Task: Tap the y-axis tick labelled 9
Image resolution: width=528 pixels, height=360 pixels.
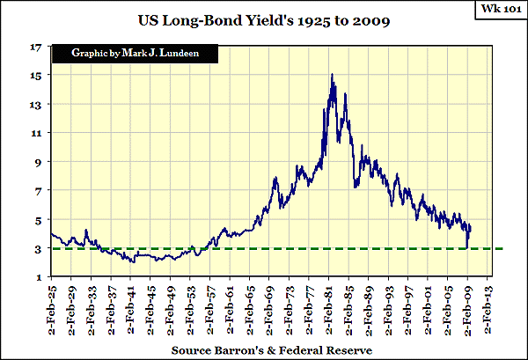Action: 40,162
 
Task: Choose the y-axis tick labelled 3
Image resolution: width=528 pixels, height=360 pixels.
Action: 40,249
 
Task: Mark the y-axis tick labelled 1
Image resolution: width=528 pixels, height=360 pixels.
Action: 40,278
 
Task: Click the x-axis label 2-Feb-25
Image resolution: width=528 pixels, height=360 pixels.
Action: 53,308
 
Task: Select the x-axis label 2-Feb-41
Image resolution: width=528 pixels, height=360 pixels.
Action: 132,308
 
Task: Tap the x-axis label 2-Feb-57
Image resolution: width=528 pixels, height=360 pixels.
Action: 212,308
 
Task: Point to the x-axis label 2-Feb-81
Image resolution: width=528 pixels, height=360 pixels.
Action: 331,308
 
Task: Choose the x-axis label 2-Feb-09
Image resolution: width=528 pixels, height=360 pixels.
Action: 470,308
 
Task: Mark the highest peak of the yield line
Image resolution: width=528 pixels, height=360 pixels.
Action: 332,75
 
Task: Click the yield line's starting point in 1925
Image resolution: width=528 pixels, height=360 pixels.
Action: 52,233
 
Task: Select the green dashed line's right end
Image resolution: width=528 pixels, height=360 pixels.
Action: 501,249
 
